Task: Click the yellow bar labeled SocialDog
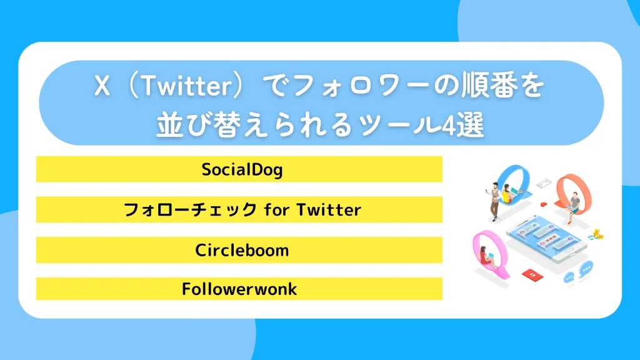tap(239, 169)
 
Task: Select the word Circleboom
tap(242, 251)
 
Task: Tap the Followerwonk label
tap(239, 289)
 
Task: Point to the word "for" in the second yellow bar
tap(276, 210)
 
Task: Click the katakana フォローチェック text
tap(191, 210)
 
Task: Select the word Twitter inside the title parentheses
tap(181, 89)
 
